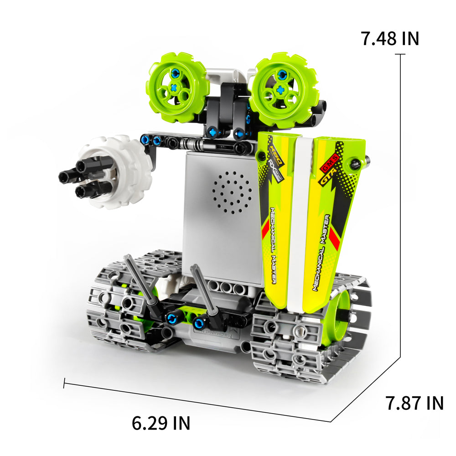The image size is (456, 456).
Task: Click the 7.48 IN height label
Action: click(389, 38)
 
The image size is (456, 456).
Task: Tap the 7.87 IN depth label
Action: click(414, 403)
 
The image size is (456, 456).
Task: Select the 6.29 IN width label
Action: click(161, 423)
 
